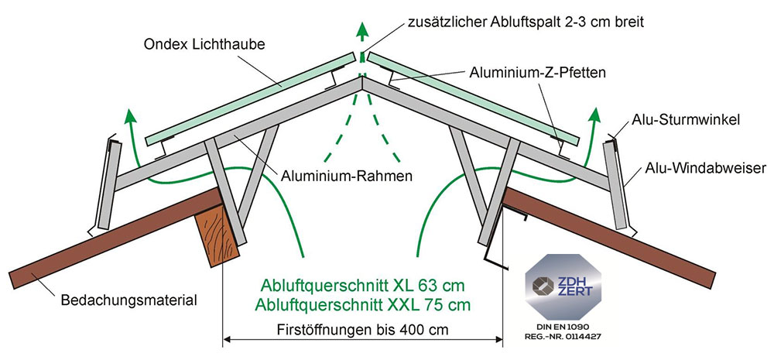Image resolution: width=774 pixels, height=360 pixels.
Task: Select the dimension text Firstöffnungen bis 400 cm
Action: tap(364, 327)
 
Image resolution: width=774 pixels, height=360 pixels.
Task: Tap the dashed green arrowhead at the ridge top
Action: tap(361, 30)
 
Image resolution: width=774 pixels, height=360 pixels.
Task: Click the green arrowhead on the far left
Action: tap(131, 116)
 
